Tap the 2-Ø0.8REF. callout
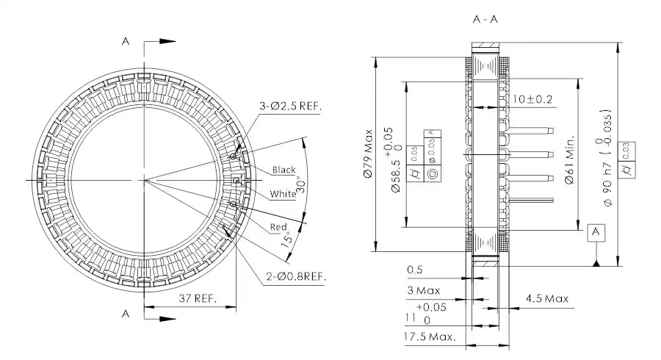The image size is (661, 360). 295,276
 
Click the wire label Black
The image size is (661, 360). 283,170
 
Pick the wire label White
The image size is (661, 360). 283,194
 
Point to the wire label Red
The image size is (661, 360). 278,227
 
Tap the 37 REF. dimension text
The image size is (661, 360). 197,298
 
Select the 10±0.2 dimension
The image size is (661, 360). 532,98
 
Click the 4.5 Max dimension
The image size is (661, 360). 546,298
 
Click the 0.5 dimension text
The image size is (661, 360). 415,270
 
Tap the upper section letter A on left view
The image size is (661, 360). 126,42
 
